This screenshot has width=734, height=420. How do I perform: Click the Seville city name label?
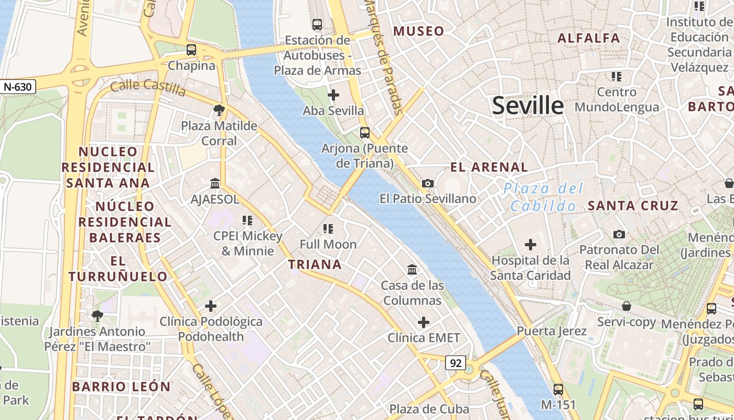[x=527, y=106]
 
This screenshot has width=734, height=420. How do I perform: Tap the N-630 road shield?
[x=18, y=87]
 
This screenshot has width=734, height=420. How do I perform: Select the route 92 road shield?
[x=456, y=362]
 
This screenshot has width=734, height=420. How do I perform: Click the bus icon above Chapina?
[x=191, y=50]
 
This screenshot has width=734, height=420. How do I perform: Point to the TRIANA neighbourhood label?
[x=315, y=265]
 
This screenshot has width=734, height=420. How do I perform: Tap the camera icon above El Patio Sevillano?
[x=428, y=183]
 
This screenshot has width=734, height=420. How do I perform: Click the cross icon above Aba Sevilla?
[x=333, y=95]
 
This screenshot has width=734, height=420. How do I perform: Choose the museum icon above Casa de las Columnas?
[x=412, y=270]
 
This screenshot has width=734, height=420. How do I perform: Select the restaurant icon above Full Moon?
[x=328, y=228]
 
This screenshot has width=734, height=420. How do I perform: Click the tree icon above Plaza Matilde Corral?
[x=219, y=110]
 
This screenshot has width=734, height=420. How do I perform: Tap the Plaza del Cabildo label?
[x=543, y=197]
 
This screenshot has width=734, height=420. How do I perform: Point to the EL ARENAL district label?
[x=489, y=167]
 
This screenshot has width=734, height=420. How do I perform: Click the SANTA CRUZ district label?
[x=633, y=206]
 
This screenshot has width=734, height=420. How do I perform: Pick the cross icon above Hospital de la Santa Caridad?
[x=531, y=245]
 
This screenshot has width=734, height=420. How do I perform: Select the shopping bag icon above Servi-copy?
[x=627, y=306]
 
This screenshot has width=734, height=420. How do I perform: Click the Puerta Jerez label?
[x=552, y=331]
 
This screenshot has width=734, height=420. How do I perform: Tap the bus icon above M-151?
[x=558, y=390]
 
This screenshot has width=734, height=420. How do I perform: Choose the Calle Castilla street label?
[x=148, y=88]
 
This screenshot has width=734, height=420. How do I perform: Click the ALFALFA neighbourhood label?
[x=589, y=38]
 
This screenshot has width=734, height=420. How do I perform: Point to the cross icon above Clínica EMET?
[x=424, y=322]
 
